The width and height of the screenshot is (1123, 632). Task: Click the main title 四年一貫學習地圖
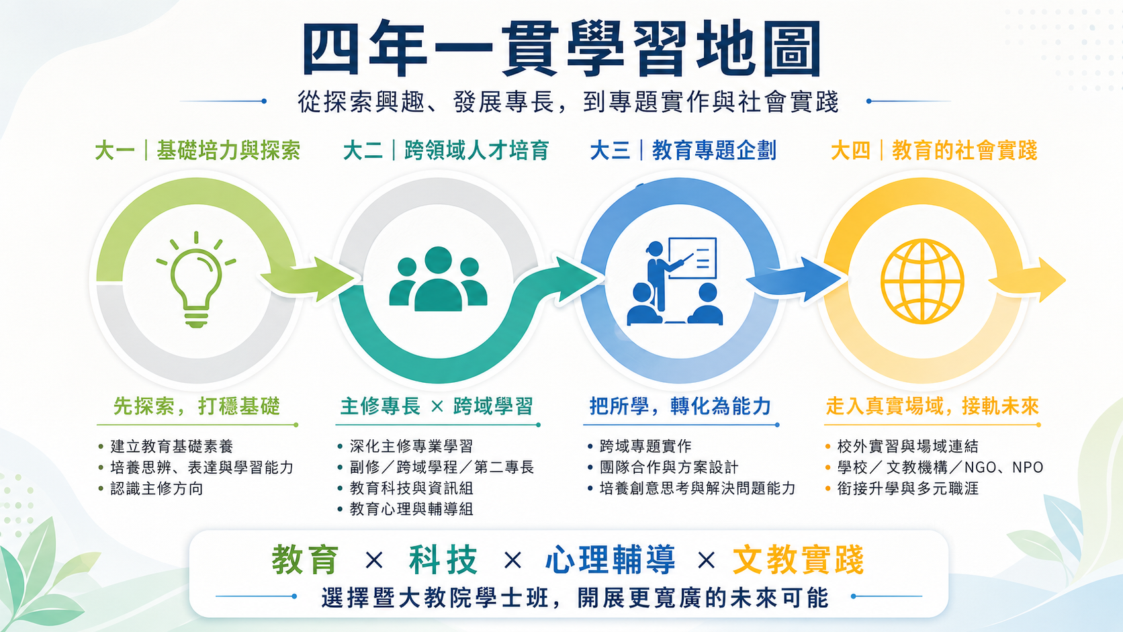[561, 48]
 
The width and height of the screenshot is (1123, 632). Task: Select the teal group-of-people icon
[438, 279]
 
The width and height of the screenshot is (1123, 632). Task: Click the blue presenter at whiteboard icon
[675, 281]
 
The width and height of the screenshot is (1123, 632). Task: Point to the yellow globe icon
[922, 281]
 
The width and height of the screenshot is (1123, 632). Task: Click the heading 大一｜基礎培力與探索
[197, 150]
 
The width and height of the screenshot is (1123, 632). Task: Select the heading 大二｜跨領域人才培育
[446, 150]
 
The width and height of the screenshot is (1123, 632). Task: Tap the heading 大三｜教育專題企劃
[683, 150]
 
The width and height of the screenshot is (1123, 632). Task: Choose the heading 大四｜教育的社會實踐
[934, 150]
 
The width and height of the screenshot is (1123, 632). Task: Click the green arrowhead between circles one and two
[331, 279]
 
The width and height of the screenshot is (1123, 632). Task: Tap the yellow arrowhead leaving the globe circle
[1051, 279]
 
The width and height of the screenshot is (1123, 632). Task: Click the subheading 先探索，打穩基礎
[197, 406]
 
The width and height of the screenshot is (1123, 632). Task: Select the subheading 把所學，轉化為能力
[680, 406]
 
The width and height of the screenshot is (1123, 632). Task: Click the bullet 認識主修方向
[156, 488]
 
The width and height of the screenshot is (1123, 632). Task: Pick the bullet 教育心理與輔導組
[411, 509]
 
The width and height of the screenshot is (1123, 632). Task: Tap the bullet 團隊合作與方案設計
[669, 467]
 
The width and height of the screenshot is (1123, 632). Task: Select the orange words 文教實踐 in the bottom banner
[799, 559]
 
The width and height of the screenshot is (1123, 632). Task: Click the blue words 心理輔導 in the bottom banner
[610, 559]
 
